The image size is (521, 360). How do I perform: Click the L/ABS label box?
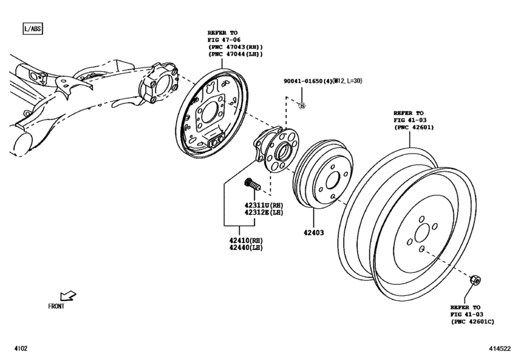pyautogui.click(x=31, y=29)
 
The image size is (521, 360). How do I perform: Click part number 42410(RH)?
pyautogui.click(x=242, y=240)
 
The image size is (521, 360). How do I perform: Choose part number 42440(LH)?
pyautogui.click(x=242, y=248)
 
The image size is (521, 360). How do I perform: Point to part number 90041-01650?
pyautogui.click(x=310, y=82)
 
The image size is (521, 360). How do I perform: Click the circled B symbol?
pyautogui.click(x=302, y=105)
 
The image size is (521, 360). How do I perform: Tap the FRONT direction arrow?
pyautogui.click(x=67, y=296)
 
